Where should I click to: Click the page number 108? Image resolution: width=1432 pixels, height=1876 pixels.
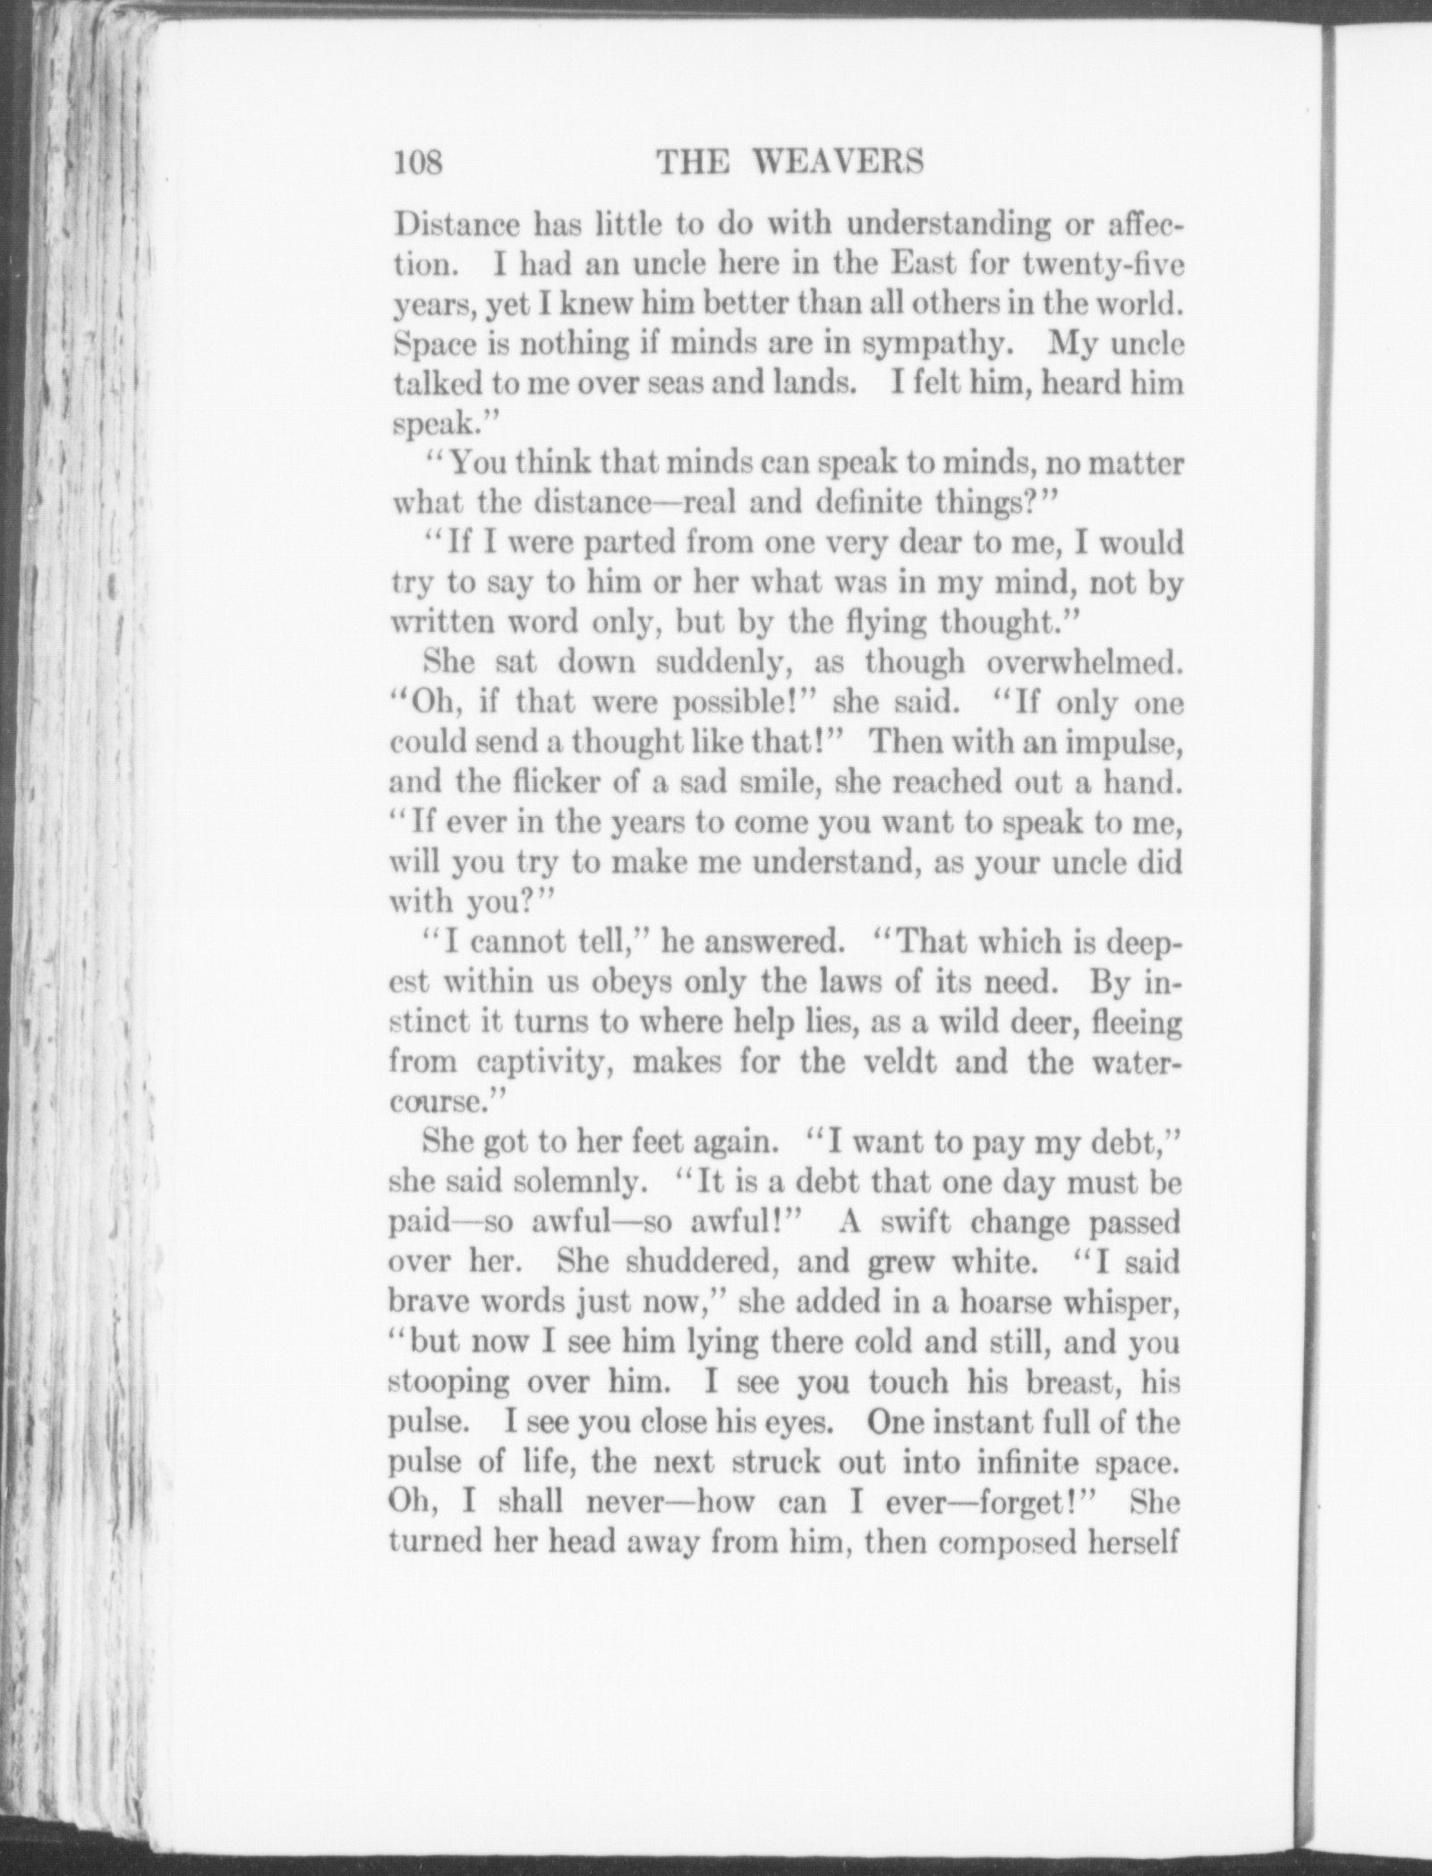point(418,163)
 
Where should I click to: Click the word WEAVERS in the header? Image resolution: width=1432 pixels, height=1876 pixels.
point(838,162)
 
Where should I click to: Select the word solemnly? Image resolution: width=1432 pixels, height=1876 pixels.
point(583,1182)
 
